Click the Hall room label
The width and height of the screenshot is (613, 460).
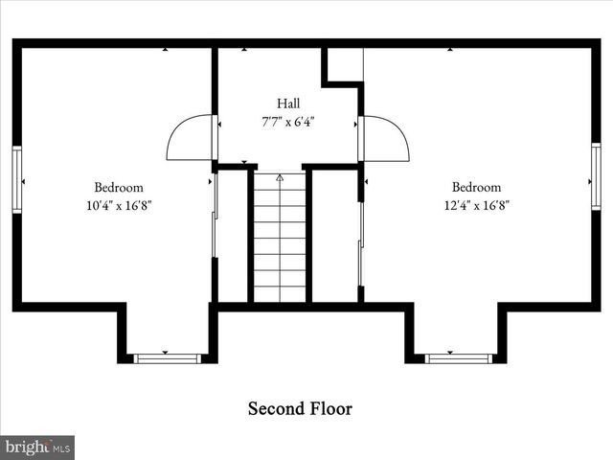coord(288,103)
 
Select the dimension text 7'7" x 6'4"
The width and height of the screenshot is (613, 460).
coord(288,122)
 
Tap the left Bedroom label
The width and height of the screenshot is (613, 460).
coord(119,187)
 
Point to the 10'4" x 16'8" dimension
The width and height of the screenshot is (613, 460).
coord(119,205)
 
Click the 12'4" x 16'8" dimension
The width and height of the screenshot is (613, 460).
coord(476,205)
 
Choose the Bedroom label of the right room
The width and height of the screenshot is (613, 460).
coord(476,187)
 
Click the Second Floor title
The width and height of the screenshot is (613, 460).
coord(300,409)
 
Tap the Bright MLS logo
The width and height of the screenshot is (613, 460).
coord(37,447)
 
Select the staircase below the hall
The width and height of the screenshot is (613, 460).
coord(280,238)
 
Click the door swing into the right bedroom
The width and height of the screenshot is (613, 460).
coord(385,139)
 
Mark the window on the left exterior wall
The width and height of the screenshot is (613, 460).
coord(16,179)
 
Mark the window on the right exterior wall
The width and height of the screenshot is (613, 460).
coord(596,176)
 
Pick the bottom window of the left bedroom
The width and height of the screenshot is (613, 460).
coord(167,358)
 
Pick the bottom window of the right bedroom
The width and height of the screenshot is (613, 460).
coord(458,358)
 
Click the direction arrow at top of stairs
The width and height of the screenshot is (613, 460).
coord(280,177)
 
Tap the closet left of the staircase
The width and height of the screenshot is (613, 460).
coord(233,235)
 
